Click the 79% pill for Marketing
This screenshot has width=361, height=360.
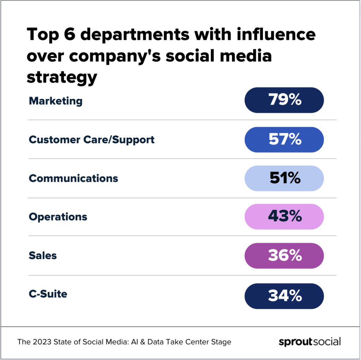click(284, 100)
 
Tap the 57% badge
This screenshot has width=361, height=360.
click(284, 139)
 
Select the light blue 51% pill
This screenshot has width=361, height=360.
click(284, 178)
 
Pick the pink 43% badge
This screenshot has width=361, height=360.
click(284, 216)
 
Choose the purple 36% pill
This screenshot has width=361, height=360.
click(284, 255)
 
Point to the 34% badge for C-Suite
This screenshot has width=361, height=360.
click(284, 296)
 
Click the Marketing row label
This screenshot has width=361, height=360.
click(55, 101)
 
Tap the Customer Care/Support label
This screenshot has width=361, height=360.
click(92, 140)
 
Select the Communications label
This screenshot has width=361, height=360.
click(73, 178)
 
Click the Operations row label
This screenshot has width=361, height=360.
click(58, 217)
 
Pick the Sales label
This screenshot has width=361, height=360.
click(43, 255)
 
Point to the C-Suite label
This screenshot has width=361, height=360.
click(48, 294)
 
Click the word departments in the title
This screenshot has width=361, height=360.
click(141, 35)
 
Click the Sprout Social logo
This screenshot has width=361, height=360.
click(310, 342)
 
